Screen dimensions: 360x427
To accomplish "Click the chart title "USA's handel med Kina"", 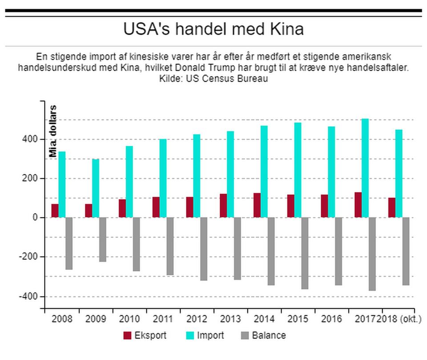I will (213, 29).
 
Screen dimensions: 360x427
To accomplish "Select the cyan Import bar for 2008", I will (62, 184).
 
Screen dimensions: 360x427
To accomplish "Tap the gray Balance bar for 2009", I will (103, 240).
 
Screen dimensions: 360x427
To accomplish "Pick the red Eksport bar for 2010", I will (122, 208).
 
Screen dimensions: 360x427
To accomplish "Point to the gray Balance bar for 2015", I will (305, 253).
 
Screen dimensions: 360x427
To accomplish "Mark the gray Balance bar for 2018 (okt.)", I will (406, 251).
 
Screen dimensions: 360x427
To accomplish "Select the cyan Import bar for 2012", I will (197, 176).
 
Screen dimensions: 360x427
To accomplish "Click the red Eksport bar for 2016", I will (324, 206).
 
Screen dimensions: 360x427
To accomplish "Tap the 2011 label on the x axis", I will (162, 319).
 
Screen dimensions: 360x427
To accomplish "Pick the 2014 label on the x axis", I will (264, 319).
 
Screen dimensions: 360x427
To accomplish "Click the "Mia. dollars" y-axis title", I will (53, 132).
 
